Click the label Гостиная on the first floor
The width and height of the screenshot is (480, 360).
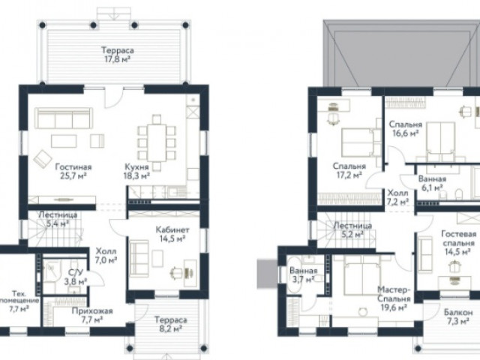tap(73, 167)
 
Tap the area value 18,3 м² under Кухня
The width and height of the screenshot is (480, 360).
tap(136, 175)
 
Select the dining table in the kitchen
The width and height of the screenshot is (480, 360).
tap(157, 142)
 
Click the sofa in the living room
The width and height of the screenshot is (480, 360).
tap(64, 118)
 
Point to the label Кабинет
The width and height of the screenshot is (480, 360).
tap(172, 229)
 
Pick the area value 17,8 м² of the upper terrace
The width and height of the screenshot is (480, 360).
tap(118, 59)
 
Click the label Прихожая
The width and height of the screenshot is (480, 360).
tap(92, 311)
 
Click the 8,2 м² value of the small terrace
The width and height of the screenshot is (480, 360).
tap(171, 328)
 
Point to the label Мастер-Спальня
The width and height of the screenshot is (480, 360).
tap(394, 294)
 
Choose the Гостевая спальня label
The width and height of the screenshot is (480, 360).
tap(458, 238)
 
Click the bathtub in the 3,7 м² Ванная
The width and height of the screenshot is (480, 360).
tap(294, 275)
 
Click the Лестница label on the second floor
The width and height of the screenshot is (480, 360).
tap(352, 226)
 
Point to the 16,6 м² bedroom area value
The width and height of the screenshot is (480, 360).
tap(406, 133)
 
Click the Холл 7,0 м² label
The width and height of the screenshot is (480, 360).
tap(106, 256)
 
